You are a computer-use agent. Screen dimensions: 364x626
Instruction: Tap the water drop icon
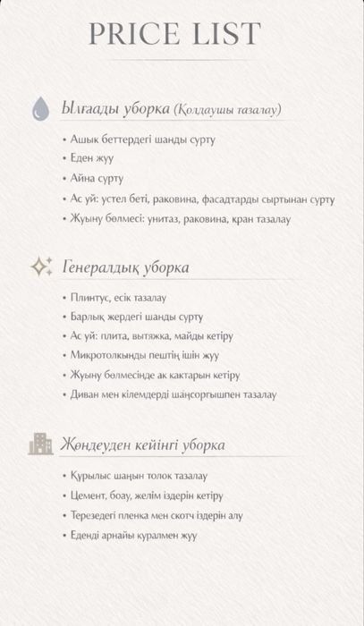pyautogui.click(x=40, y=109)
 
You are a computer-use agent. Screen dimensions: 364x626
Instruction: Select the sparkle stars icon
pyautogui.click(x=40, y=266)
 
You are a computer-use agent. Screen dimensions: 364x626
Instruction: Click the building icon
pyautogui.click(x=40, y=444)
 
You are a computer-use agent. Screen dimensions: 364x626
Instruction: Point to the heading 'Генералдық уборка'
pyautogui.click(x=125, y=267)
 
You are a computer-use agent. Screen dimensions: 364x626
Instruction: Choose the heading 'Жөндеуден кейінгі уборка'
pyautogui.click(x=142, y=444)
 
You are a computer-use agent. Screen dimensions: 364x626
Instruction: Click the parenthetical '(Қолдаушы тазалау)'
pyautogui.click(x=227, y=110)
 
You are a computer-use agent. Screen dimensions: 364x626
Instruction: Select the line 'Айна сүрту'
pyautogui.click(x=97, y=179)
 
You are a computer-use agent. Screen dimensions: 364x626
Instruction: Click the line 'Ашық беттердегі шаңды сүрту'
pyautogui.click(x=142, y=140)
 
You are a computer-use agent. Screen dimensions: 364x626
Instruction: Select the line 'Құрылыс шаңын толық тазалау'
pyautogui.click(x=139, y=476)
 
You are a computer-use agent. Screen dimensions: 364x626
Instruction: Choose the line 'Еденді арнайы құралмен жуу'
pyautogui.click(x=133, y=535)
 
